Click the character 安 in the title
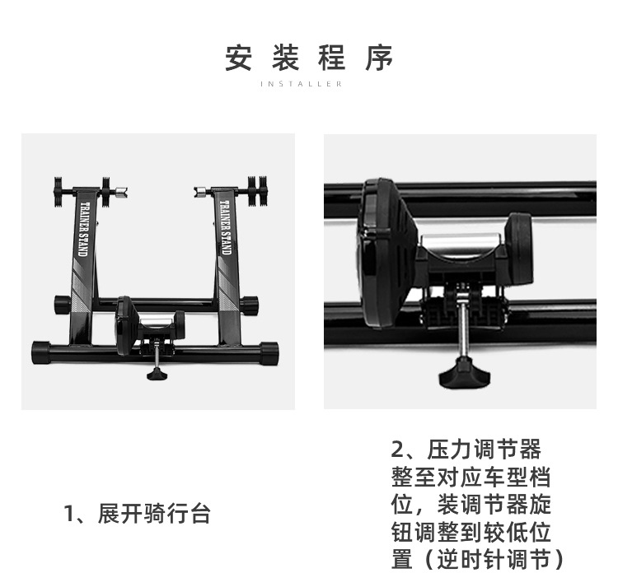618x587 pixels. [x=238, y=58]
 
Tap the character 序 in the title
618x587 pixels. [x=380, y=58]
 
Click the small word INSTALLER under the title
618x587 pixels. [x=308, y=84]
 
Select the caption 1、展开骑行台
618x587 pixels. [x=138, y=515]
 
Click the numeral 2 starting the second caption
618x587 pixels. [x=400, y=450]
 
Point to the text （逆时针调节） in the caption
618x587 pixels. [x=479, y=559]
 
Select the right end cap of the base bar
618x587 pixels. [x=269, y=352]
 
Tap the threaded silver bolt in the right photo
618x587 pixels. [x=466, y=330]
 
